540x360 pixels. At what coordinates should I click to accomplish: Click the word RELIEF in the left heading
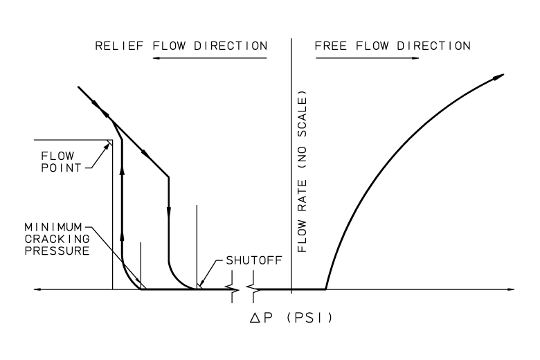tap(119, 46)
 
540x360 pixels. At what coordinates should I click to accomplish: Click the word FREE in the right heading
tap(331, 46)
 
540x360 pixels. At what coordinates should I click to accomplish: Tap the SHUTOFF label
tap(254, 260)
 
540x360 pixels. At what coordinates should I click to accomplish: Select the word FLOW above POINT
tap(57, 156)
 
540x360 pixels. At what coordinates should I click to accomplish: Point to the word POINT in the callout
tap(62, 168)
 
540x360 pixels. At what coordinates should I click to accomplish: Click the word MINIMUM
tap(53, 227)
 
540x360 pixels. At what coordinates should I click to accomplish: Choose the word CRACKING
tap(57, 239)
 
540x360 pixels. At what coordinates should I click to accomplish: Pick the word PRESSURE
tap(57, 251)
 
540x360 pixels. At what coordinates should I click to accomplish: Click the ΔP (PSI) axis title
tap(291, 318)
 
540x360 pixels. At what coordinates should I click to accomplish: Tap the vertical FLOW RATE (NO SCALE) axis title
tap(302, 172)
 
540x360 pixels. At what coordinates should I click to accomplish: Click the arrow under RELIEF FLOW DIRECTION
tap(210, 58)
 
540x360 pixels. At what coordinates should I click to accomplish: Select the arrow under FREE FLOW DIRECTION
tap(368, 58)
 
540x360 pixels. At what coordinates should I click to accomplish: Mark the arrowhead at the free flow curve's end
tap(498, 77)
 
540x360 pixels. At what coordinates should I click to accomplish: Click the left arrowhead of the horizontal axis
tap(38, 289)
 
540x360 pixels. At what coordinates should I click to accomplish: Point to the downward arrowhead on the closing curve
tap(169, 212)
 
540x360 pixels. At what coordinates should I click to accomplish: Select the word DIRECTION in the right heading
tap(433, 46)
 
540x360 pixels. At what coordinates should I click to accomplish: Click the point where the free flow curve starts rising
tap(326, 289)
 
